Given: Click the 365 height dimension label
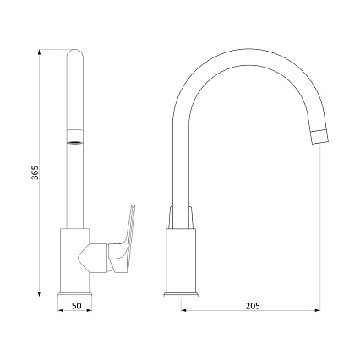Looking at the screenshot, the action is (x=35, y=172).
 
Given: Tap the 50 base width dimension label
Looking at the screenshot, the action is (x=76, y=306).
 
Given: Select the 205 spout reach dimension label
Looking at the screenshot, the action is (x=253, y=306).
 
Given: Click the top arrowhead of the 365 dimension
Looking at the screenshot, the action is (x=40, y=52).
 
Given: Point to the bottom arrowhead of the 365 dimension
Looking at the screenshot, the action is (x=40, y=294).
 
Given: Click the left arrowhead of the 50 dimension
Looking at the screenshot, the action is (x=61, y=310).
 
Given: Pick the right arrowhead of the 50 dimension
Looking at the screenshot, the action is (x=89, y=310).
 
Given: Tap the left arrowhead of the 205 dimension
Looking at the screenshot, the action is (x=183, y=310).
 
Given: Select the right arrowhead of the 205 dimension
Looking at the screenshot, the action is (x=317, y=310).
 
